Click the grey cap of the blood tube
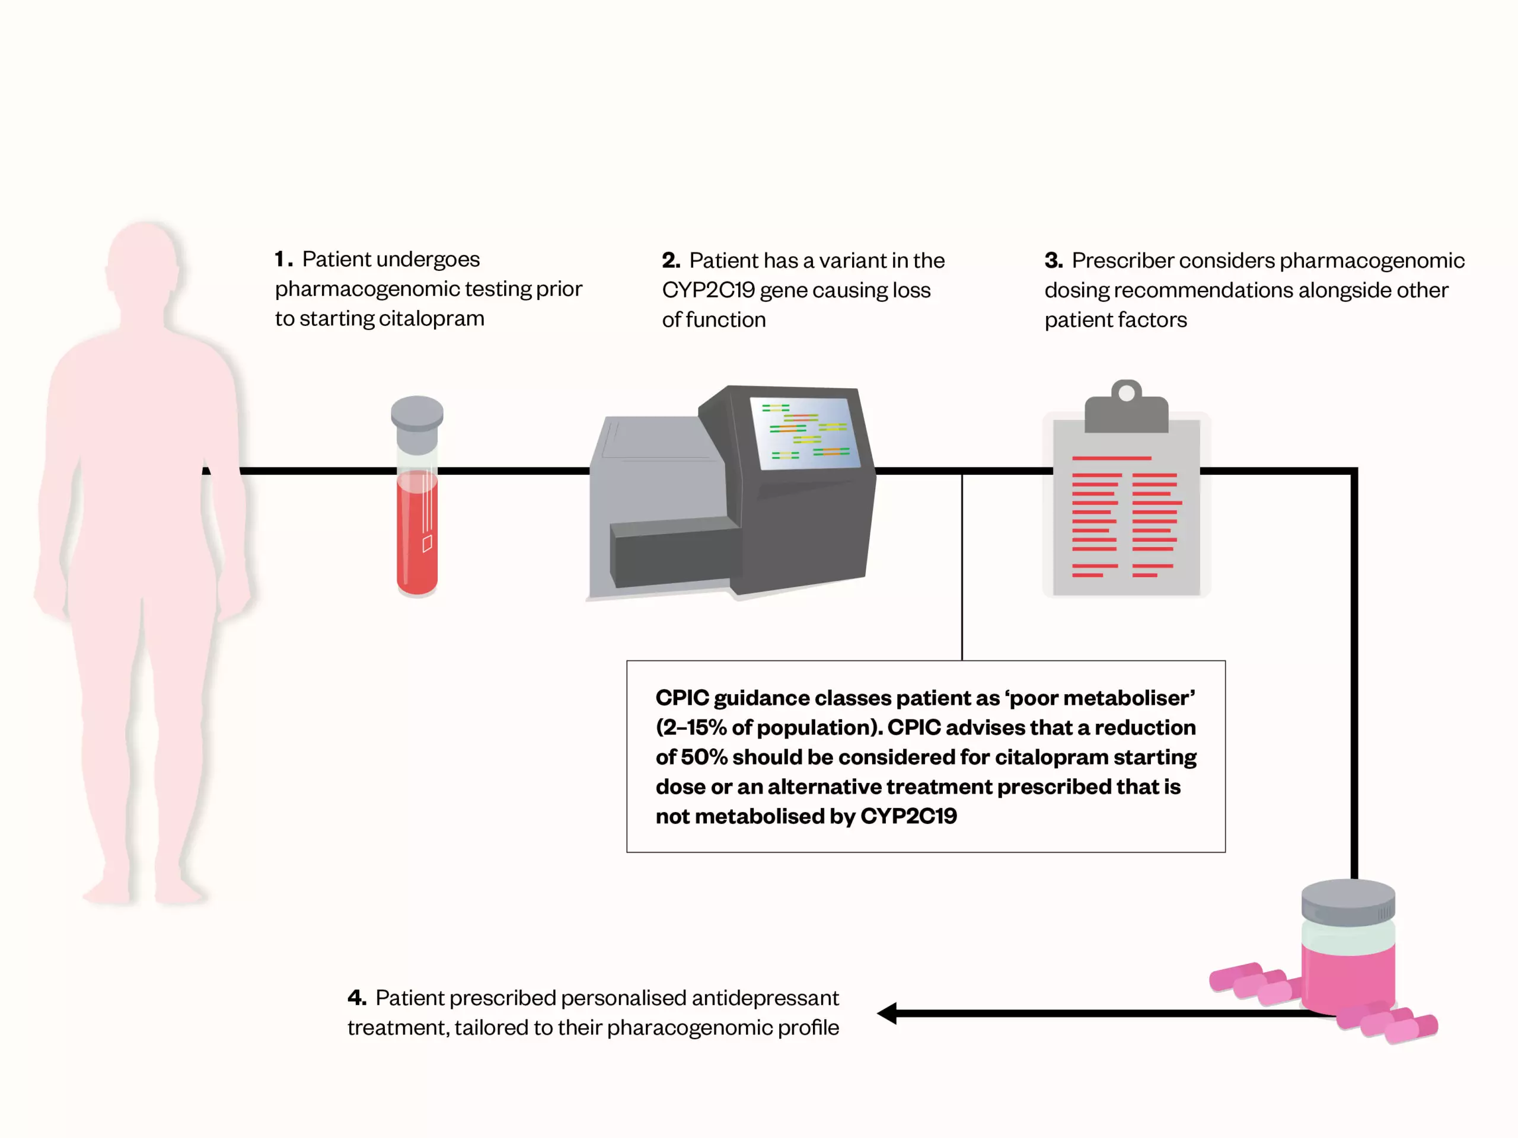point(416,413)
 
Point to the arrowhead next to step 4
point(886,1012)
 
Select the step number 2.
point(671,261)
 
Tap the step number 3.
point(1053,261)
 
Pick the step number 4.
point(356,998)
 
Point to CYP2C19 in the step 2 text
point(708,290)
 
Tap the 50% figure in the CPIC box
point(703,757)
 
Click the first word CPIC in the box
point(681,698)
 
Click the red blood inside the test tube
point(416,542)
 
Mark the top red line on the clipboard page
point(1111,458)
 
